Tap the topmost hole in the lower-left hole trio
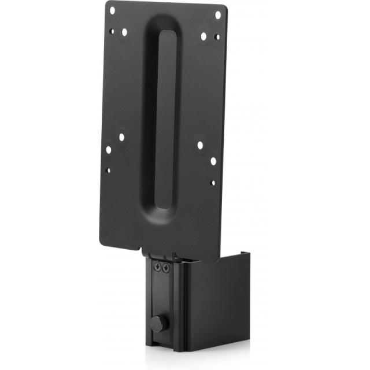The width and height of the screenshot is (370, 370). (x=122, y=138)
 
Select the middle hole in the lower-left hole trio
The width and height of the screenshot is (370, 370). (x=109, y=150)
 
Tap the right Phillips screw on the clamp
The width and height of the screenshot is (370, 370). (x=167, y=268)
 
